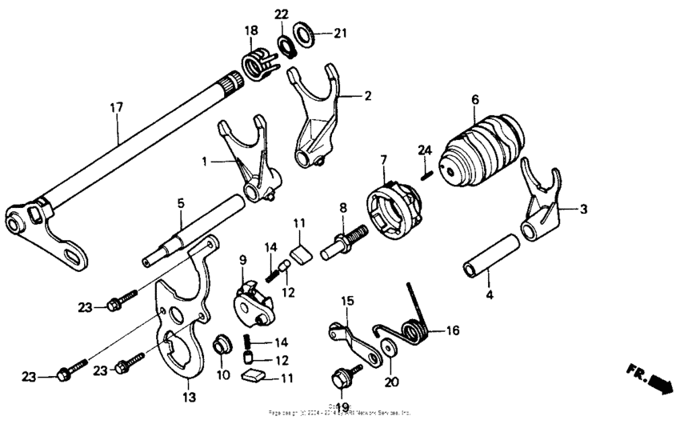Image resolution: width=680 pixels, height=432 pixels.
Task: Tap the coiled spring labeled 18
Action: [257, 63]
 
